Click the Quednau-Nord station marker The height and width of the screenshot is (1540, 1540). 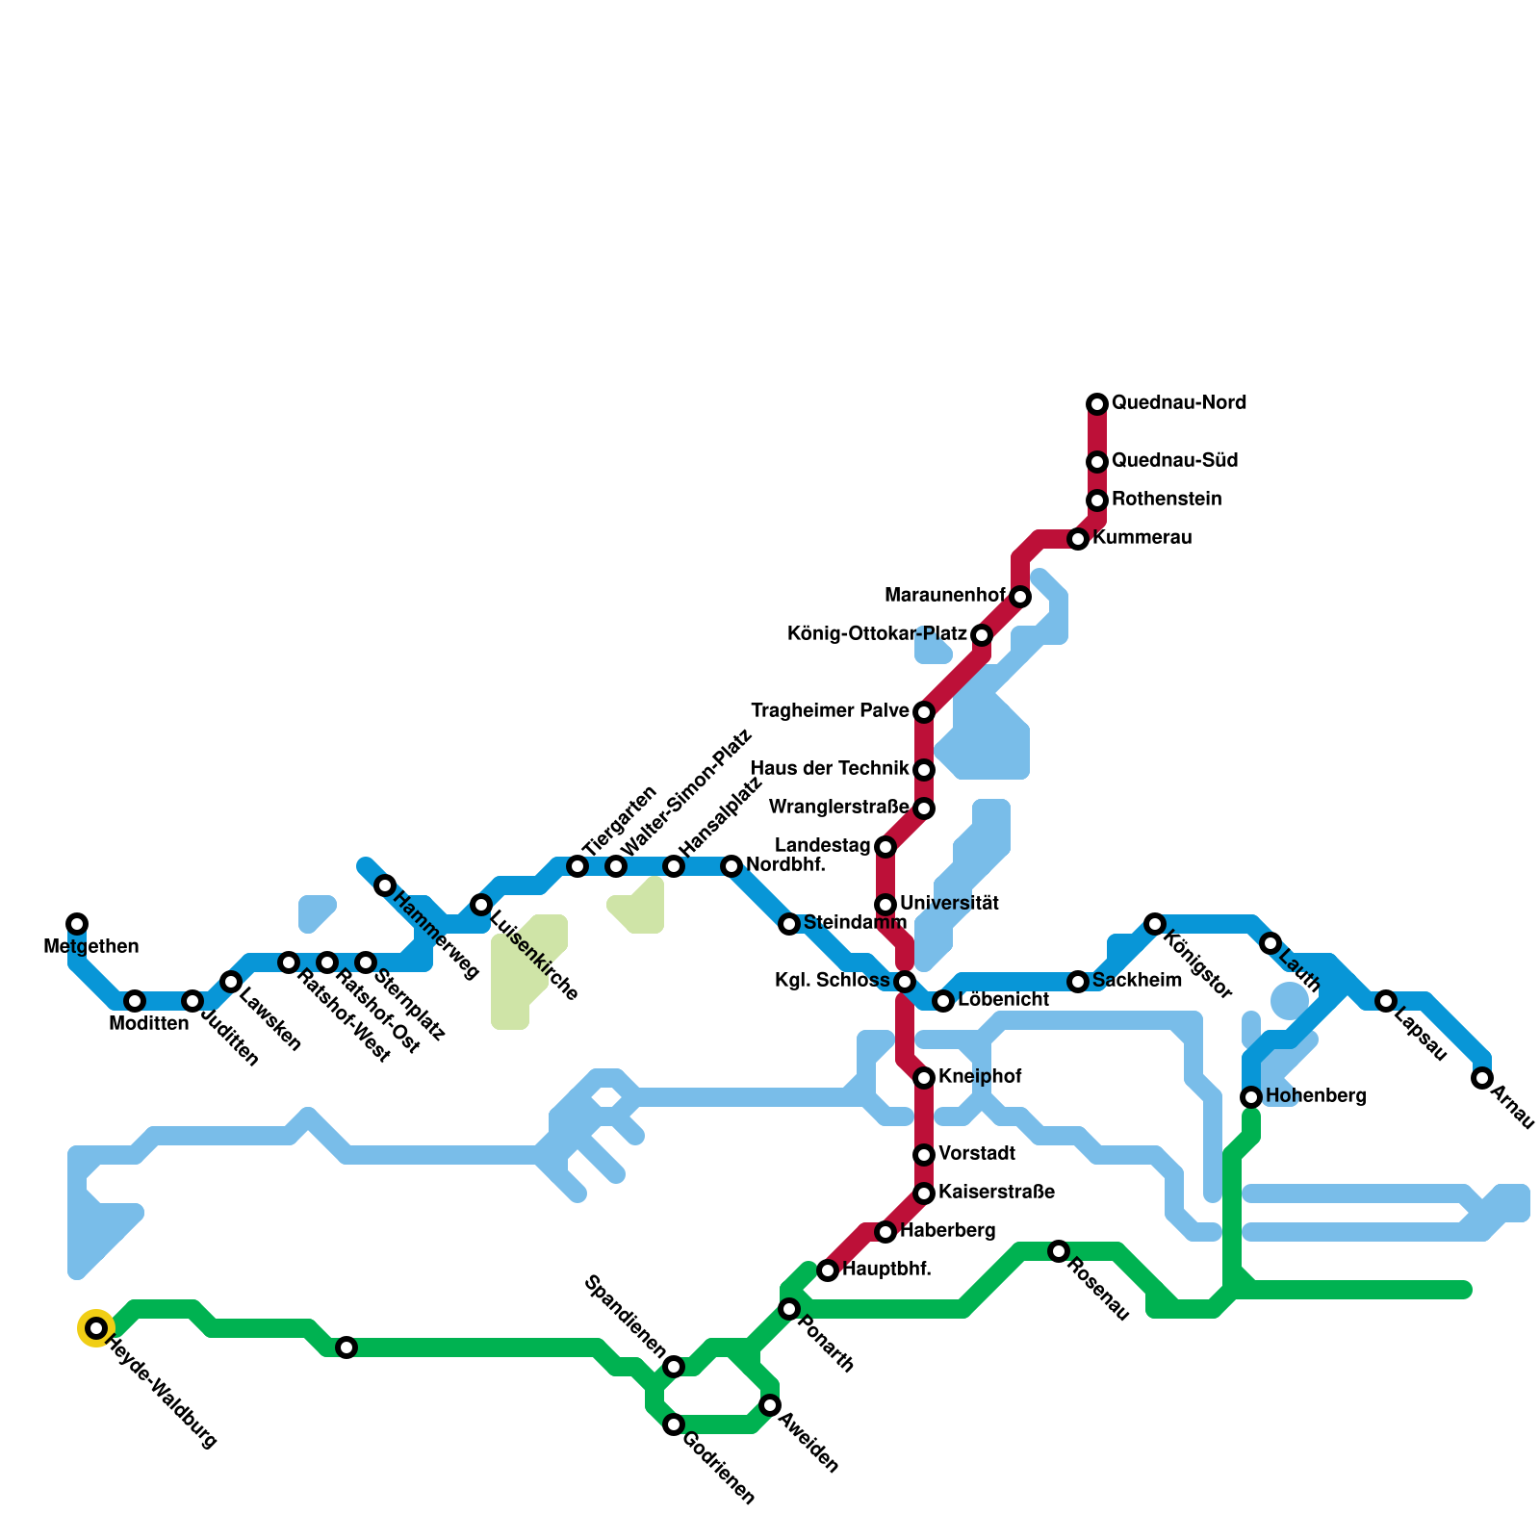1097,404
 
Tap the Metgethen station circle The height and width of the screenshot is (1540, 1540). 77,924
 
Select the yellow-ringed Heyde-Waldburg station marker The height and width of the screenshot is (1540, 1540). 96,1328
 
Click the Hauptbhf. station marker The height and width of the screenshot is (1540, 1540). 828,1270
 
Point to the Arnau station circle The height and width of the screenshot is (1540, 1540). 1482,1078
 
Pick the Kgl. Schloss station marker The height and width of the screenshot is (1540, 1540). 905,982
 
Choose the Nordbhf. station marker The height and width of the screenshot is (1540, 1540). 731,866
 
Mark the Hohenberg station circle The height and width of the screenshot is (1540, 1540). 1251,1097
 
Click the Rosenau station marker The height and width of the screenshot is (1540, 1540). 1059,1251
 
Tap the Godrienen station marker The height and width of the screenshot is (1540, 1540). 674,1424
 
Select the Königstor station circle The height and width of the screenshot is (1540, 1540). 1155,924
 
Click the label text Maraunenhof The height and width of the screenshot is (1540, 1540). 944,596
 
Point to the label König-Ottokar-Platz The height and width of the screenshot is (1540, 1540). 877,634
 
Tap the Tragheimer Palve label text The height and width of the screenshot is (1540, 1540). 830,711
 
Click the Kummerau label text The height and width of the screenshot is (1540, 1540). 1142,538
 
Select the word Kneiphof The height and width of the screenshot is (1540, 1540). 980,1076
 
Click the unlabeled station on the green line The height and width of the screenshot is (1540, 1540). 346,1347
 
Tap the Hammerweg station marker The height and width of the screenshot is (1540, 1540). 385,885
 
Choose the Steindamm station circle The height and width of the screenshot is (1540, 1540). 789,924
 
